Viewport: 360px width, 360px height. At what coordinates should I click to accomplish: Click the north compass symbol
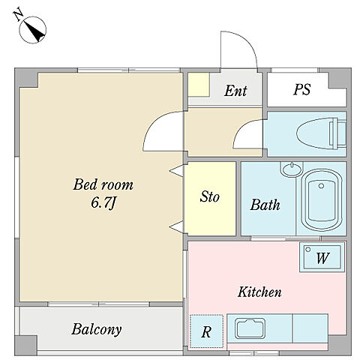point(33,30)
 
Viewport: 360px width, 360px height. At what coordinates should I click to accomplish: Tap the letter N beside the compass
point(18,16)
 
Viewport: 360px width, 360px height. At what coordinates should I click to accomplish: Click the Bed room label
point(103,184)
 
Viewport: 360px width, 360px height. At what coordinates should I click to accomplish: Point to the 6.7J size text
point(103,202)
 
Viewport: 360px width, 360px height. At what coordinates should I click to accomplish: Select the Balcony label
point(97,329)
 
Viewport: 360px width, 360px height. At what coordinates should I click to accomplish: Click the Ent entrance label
point(235,91)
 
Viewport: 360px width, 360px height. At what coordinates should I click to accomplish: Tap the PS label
point(301,89)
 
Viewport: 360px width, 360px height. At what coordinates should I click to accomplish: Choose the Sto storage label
point(209,196)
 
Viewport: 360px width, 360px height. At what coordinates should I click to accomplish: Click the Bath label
point(265,205)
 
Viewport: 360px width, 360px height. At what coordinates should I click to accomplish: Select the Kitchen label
point(259,292)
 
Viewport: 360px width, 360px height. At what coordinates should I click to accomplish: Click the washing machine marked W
point(322,256)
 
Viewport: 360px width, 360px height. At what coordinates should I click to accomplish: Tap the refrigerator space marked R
point(206,331)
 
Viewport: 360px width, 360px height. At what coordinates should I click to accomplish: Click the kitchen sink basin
point(250,328)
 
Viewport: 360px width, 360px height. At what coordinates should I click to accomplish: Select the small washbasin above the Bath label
point(292,169)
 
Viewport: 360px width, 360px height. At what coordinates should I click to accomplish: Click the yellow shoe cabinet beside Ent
point(199,85)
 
